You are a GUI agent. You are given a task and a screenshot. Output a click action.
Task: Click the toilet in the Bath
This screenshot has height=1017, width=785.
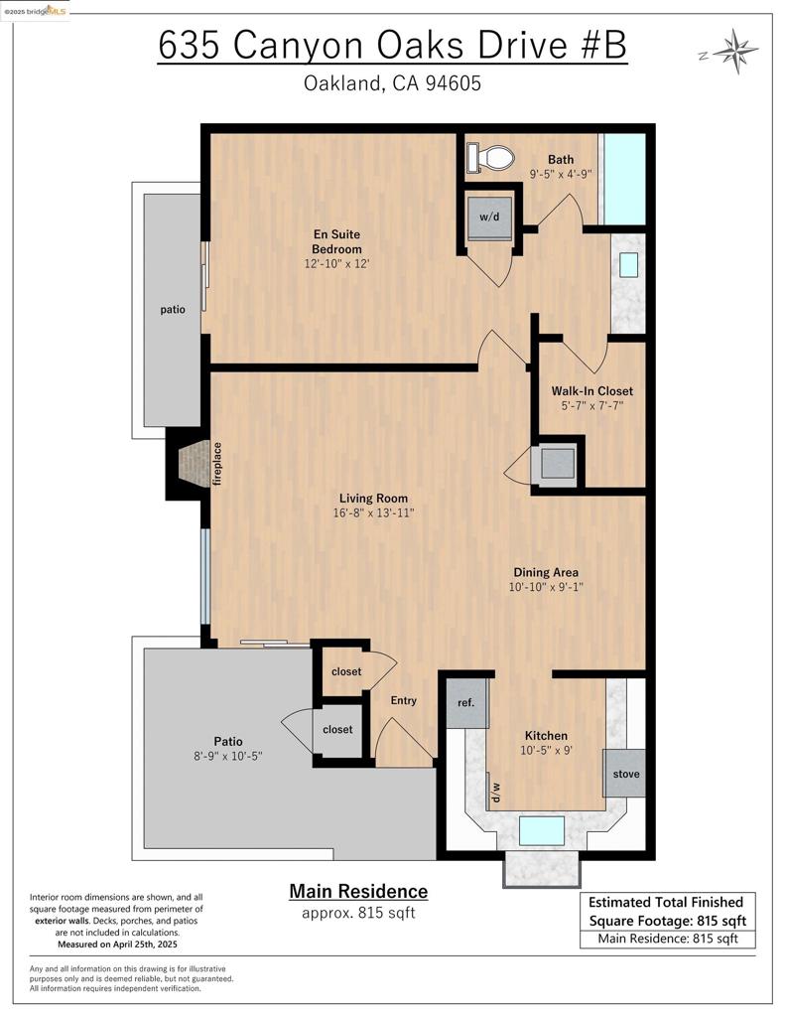[493, 157]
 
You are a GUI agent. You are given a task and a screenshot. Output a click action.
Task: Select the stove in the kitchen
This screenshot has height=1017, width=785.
[624, 773]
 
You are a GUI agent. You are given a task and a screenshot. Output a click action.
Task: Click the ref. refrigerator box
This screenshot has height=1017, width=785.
[465, 703]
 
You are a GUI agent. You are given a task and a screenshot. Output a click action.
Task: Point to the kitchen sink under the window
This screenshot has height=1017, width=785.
[542, 830]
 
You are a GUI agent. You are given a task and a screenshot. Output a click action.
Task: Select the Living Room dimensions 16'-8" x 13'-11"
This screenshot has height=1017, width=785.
[373, 513]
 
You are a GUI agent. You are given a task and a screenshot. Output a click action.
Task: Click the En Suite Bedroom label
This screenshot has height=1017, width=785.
[336, 241]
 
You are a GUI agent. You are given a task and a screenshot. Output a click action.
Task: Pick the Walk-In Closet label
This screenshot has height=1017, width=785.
[591, 390]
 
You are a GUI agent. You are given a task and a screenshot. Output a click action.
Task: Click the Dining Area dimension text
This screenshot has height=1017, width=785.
[545, 587]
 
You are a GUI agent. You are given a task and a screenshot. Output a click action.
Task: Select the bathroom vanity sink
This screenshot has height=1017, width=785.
[628, 264]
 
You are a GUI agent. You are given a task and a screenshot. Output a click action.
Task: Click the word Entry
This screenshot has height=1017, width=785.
[403, 700]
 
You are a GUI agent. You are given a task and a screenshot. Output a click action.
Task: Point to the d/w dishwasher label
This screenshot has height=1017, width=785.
[493, 791]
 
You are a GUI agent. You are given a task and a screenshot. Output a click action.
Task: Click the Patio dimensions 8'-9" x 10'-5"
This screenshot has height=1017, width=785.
[227, 756]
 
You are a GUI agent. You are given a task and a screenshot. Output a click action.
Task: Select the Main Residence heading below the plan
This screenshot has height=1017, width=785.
[358, 891]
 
